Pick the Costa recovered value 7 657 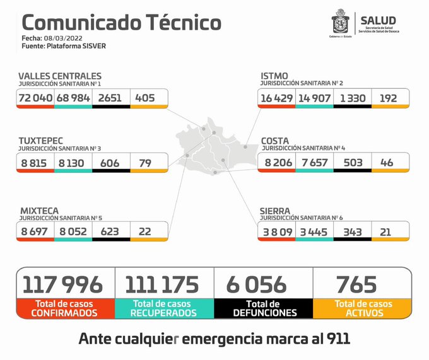click(x=314, y=162)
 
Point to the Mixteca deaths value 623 click(x=110, y=231)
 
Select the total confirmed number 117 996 click(x=63, y=284)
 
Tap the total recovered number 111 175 click(x=163, y=284)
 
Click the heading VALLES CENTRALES click(x=60, y=76)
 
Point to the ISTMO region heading click(x=274, y=76)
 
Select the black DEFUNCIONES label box click(x=263, y=308)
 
